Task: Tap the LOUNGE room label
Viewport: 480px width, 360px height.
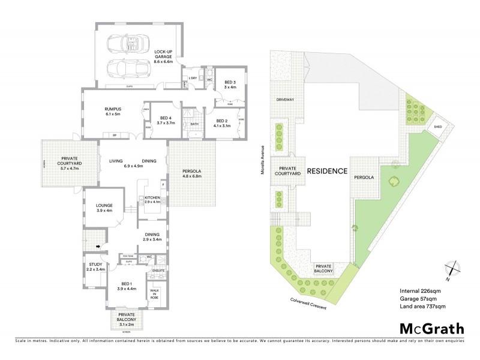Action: tap(104, 208)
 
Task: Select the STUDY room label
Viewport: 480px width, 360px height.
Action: tap(95, 267)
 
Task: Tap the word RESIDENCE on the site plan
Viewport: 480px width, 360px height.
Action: tap(327, 171)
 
